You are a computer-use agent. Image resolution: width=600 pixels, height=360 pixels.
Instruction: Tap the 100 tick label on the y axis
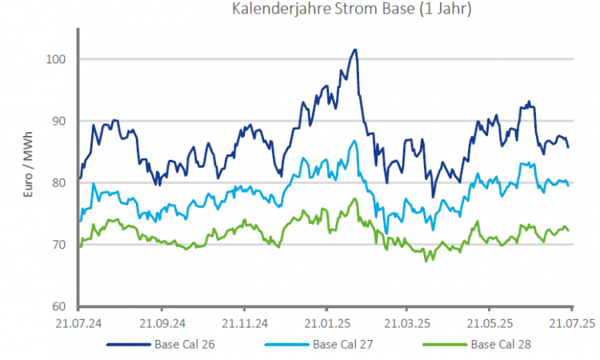pos(54,59)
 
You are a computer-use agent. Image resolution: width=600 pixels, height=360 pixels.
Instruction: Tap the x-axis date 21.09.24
pos(162,324)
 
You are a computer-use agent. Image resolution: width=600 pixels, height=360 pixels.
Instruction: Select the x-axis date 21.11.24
pos(245,324)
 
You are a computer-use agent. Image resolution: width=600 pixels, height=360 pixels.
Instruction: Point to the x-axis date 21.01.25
pos(327,324)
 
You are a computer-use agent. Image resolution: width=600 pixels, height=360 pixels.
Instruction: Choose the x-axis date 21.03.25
pos(408,324)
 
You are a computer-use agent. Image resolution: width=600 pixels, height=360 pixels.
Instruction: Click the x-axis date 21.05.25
pos(490,324)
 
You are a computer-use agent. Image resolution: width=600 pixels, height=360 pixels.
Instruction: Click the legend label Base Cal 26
pos(181,346)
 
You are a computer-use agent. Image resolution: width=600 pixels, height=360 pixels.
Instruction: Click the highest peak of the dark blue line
pos(354,50)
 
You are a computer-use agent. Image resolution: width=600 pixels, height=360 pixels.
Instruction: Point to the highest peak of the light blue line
pos(354,142)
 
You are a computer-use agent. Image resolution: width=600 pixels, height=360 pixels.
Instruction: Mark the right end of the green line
pos(568,230)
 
